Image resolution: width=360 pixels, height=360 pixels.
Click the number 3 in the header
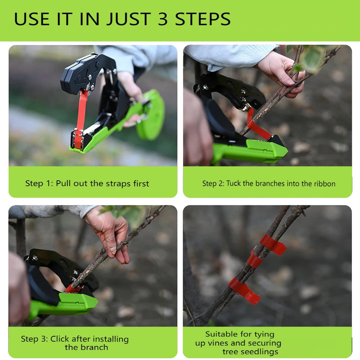163,19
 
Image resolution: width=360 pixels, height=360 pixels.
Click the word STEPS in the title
202,19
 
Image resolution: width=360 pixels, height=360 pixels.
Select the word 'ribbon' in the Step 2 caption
324,184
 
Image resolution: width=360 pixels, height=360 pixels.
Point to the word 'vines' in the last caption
219,343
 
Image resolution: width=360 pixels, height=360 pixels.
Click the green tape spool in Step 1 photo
151,115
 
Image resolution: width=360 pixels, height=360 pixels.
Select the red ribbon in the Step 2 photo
257,127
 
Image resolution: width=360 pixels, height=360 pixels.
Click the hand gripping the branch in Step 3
110,232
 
